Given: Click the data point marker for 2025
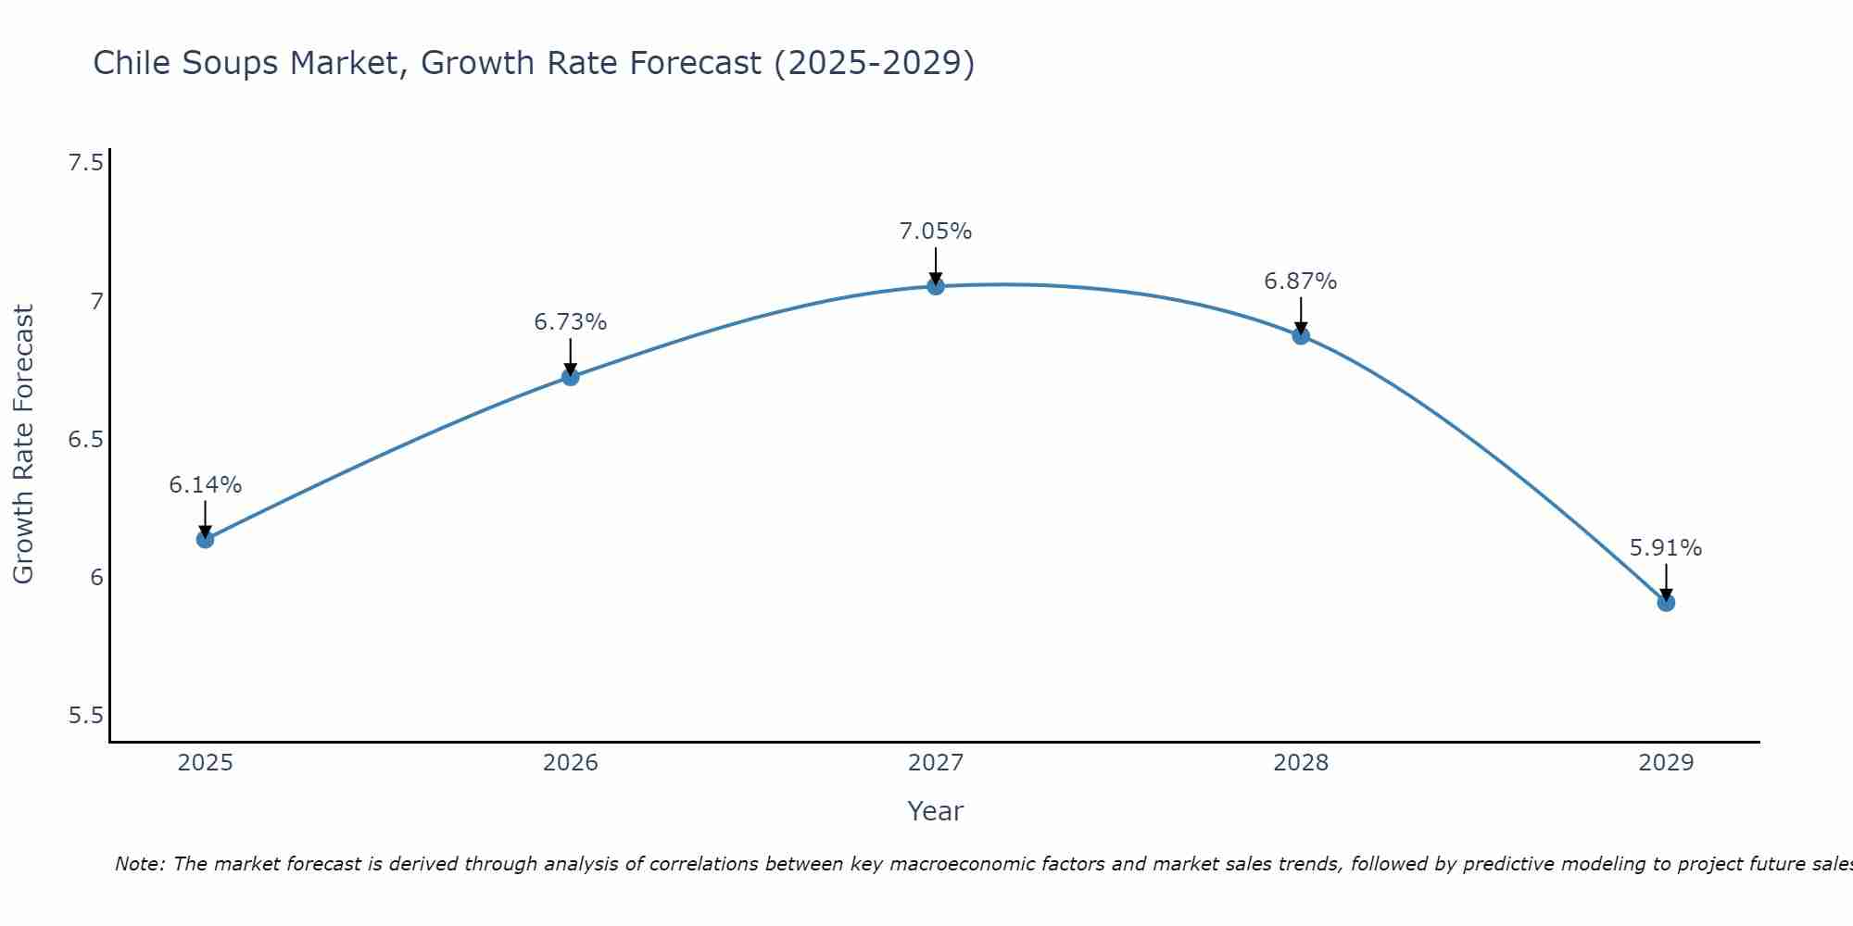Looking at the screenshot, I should (205, 539).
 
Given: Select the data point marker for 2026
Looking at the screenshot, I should (570, 376).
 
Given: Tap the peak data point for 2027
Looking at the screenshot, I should (936, 286).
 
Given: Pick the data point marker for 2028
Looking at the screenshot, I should (1301, 335).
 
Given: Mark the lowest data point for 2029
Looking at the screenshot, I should (1666, 602).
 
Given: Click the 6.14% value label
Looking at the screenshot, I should (205, 485).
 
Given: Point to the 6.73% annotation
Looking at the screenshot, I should (570, 322).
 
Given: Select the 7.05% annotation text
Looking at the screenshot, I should (936, 231).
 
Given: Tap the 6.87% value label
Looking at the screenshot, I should (1301, 282).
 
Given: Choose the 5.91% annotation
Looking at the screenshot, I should (1666, 548).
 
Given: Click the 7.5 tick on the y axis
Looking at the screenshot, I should (85, 164).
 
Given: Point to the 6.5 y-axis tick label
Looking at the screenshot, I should (85, 440).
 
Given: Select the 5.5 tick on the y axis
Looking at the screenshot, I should (85, 716).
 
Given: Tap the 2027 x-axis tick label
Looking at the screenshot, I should (936, 763).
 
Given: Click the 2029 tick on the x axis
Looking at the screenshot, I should (1666, 763).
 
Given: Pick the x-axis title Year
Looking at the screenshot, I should (936, 811).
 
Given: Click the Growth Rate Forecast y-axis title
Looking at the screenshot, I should (23, 444).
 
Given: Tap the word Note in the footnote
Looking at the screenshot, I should (139, 864).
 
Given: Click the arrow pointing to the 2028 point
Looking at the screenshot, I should (1301, 315).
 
